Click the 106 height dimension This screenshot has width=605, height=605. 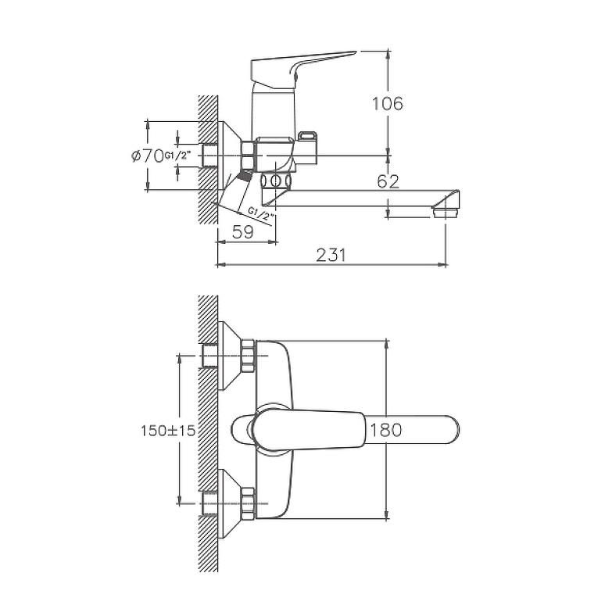(x=388, y=103)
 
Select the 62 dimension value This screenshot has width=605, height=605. (x=388, y=181)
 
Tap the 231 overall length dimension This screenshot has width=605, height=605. (x=331, y=255)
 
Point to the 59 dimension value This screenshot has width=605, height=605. (x=243, y=232)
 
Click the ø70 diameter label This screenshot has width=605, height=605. (x=148, y=156)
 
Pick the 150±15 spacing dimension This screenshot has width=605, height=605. (x=168, y=430)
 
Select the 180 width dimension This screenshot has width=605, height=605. (x=386, y=430)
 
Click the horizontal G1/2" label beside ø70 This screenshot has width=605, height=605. (x=178, y=156)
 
